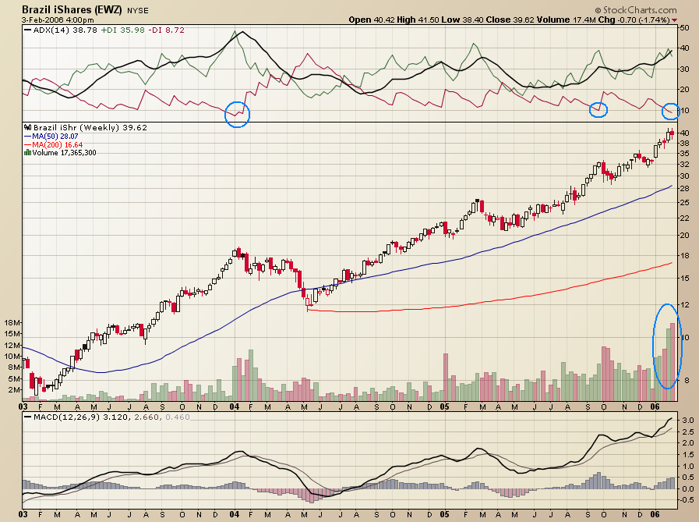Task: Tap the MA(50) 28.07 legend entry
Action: (x=55, y=136)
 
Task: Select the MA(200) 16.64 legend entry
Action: (x=57, y=144)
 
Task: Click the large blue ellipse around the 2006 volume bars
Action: (x=668, y=346)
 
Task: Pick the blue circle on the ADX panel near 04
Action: (x=238, y=114)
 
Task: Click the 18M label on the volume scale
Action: (x=12, y=322)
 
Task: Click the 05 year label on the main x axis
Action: (x=444, y=407)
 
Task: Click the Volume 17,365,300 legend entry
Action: (x=62, y=153)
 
